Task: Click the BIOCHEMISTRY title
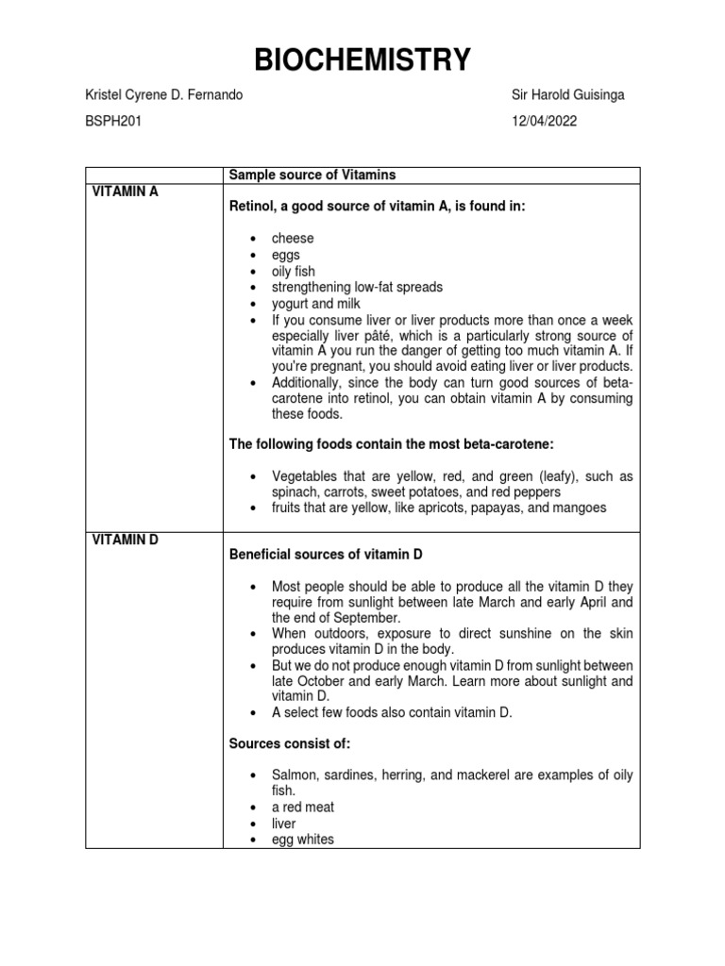click(x=362, y=60)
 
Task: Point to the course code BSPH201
click(x=113, y=121)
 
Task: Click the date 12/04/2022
click(x=544, y=121)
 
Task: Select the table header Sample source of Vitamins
click(x=312, y=175)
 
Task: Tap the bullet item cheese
click(x=293, y=239)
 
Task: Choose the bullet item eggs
click(x=287, y=255)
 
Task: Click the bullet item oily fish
click(x=294, y=271)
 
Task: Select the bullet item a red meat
click(x=303, y=808)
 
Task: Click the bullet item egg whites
click(x=302, y=839)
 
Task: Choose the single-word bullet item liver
click(x=283, y=824)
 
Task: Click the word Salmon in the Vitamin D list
click(x=295, y=775)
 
